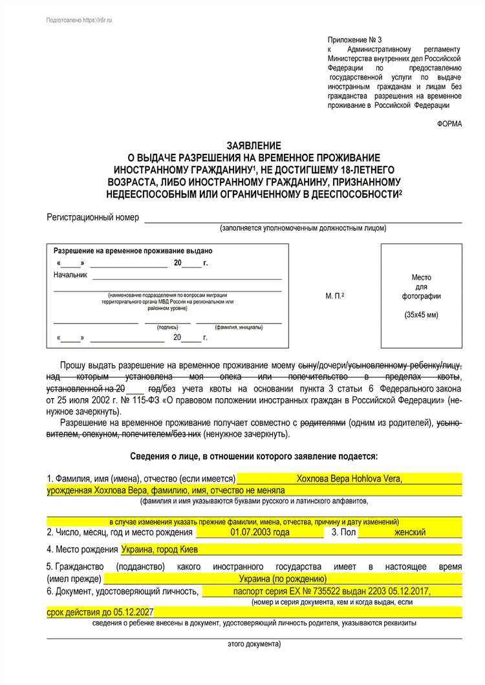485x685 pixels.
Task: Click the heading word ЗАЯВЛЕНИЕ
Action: (x=253, y=146)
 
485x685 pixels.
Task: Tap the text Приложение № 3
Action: (x=355, y=39)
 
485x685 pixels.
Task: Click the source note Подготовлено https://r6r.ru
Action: (x=79, y=21)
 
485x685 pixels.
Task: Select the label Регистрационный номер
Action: (x=92, y=218)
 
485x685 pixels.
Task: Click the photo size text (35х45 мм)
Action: (x=421, y=315)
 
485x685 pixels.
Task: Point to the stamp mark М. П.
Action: (x=334, y=296)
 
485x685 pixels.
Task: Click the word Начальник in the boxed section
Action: (x=70, y=275)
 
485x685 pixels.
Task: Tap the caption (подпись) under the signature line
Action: (x=167, y=327)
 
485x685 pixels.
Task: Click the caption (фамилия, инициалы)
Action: (x=239, y=327)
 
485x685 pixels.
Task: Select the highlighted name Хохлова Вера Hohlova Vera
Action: (x=349, y=479)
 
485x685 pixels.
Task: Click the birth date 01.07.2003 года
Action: (x=259, y=532)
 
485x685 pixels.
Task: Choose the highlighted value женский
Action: (x=410, y=532)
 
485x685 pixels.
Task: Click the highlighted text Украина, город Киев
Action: (x=160, y=549)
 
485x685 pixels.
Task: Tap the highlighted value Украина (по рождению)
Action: (x=283, y=578)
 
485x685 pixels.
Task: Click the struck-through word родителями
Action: (x=323, y=423)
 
